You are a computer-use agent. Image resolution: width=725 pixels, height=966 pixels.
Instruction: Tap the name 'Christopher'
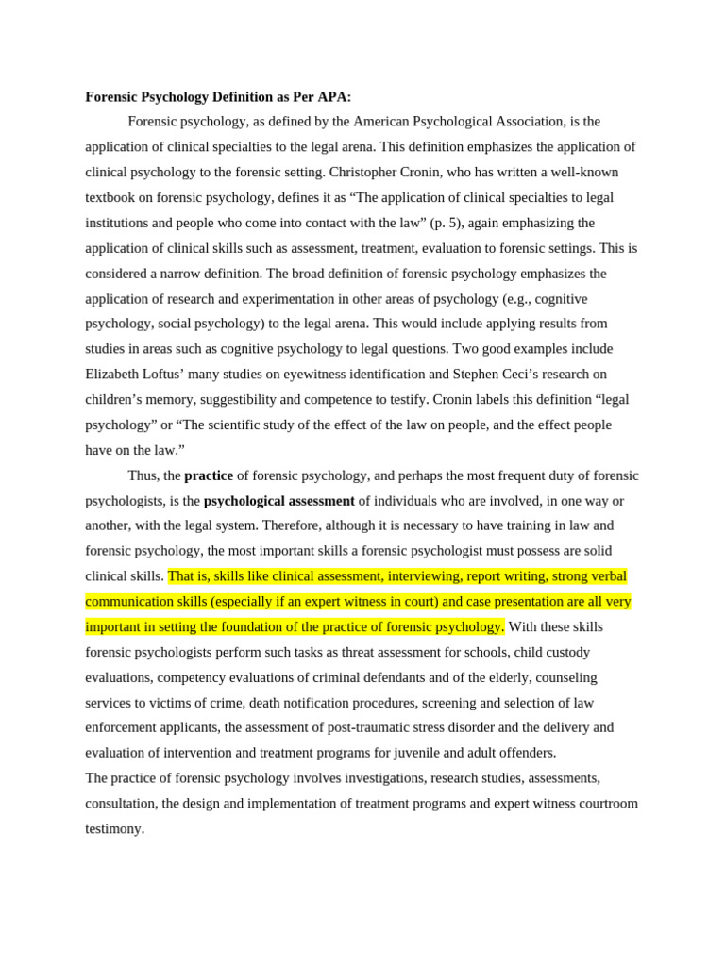point(365,172)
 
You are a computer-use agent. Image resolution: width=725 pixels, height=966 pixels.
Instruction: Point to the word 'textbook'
point(112,197)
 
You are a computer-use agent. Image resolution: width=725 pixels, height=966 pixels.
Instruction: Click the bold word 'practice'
point(209,475)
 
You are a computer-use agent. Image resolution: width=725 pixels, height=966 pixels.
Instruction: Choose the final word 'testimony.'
point(115,828)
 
